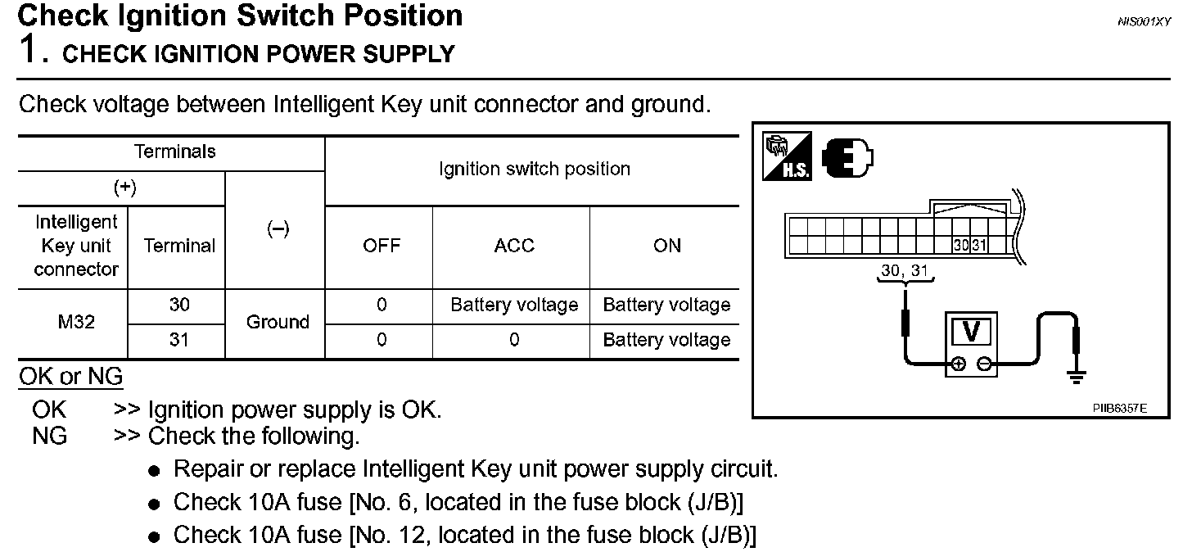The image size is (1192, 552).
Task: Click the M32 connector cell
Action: [76, 322]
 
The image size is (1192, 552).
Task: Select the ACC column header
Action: [513, 246]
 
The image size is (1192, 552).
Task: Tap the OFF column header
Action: [382, 246]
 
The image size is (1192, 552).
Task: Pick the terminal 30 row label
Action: [178, 305]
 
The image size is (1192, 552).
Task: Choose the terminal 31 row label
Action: [178, 339]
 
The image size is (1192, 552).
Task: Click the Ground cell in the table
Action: [277, 322]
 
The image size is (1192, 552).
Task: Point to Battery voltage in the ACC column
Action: [514, 305]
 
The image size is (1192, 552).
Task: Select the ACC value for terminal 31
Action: [513, 339]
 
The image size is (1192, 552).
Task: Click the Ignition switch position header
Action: [534, 170]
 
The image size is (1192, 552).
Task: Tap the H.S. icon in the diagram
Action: [787, 156]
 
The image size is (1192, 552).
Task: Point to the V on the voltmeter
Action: [972, 331]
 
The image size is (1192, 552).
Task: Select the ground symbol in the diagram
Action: [1077, 376]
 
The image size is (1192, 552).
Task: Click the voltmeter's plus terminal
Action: [959, 363]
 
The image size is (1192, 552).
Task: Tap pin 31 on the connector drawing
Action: [978, 245]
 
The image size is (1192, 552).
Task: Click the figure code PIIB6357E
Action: [1119, 406]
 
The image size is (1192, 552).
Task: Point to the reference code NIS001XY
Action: [1144, 23]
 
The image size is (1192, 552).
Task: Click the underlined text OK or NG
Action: [70, 377]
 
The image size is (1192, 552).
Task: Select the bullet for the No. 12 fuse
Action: [154, 537]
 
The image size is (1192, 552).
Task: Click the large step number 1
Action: [29, 51]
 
